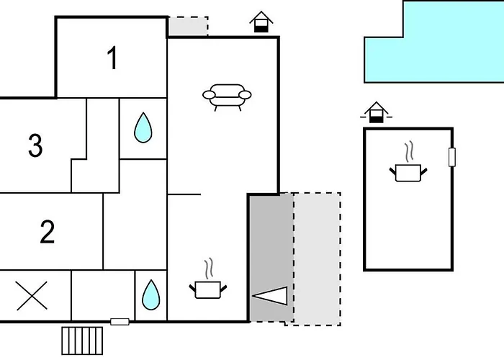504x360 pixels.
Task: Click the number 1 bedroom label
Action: (x=112, y=58)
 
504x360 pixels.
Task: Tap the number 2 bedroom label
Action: (x=48, y=233)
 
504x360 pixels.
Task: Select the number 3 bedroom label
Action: (x=35, y=146)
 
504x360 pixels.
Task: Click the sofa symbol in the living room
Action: (x=228, y=96)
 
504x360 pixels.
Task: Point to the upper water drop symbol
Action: (x=143, y=127)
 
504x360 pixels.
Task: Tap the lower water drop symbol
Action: (x=150, y=294)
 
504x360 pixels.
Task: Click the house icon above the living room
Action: (x=262, y=22)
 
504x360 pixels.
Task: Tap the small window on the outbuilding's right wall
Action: (x=452, y=158)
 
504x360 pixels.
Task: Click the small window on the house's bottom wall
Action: (x=120, y=321)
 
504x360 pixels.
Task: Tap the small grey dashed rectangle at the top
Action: (x=188, y=26)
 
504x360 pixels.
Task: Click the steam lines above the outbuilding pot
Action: (x=409, y=152)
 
